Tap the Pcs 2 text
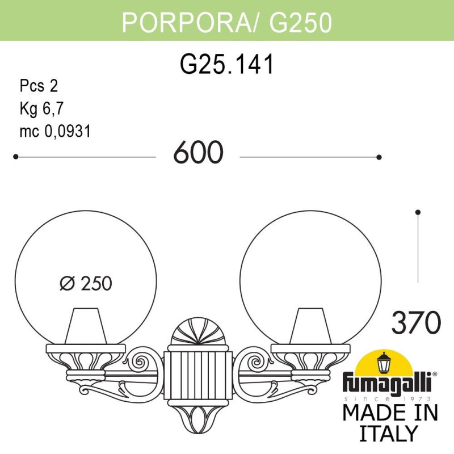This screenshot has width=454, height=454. tap(39, 86)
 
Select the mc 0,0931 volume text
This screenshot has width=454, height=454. tap(55, 131)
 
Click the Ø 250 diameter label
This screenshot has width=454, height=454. tap(86, 283)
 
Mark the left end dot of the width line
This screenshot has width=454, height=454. tap(16, 157)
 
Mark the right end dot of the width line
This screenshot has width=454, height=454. tap(379, 157)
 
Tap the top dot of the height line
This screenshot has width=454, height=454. tap(418, 212)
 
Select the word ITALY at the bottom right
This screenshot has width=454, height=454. tap(389, 433)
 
